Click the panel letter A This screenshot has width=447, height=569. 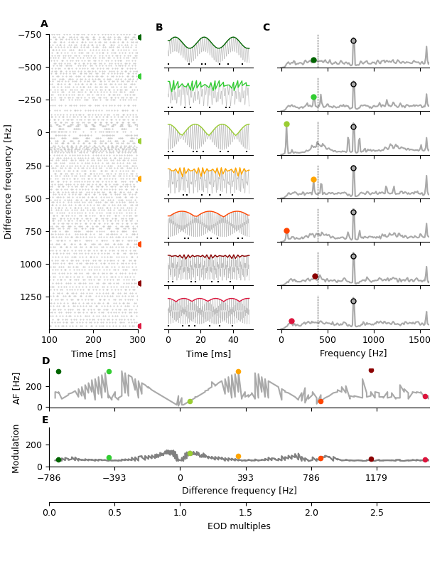(x=44, y=24)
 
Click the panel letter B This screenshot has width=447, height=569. (x=159, y=28)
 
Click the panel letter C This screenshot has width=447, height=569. (x=266, y=28)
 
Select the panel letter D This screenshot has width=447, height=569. (x=45, y=361)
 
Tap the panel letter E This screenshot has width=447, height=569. (x=45, y=420)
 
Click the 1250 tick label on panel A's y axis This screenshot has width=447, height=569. (x=31, y=297)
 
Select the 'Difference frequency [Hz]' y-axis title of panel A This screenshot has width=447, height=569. (x=9, y=181)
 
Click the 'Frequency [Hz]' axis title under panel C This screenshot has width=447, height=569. (x=353, y=353)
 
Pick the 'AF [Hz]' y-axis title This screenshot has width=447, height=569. (x=17, y=388)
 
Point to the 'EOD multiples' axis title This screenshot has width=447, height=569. (x=239, y=526)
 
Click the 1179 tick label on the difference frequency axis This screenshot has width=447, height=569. (x=376, y=478)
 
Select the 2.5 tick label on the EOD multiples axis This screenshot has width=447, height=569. (x=377, y=513)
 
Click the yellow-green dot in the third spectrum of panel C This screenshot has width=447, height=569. (x=286, y=124)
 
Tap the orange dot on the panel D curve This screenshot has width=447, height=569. (x=238, y=371)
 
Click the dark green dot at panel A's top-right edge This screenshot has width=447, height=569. (x=140, y=37)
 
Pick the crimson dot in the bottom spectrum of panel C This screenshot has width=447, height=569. (x=291, y=321)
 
